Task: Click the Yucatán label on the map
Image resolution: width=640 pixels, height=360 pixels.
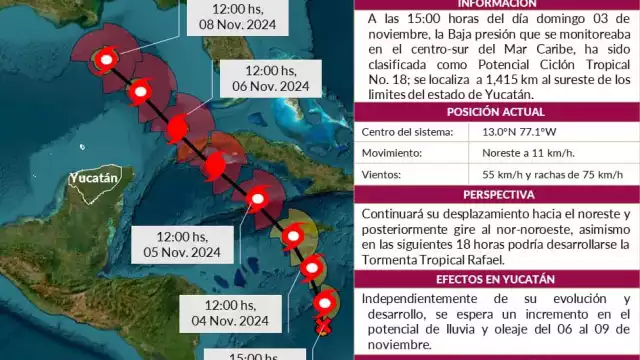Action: [94, 179]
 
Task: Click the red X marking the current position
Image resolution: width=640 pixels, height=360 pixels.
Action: [323, 326]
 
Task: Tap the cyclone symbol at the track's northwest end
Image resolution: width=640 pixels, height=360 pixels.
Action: [102, 60]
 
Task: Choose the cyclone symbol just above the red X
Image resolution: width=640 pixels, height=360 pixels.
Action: [323, 301]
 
